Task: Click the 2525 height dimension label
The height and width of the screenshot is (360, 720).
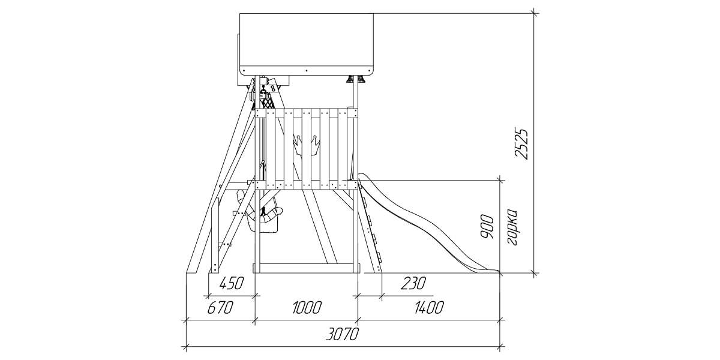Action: click(521, 145)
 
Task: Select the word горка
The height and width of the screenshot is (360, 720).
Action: click(512, 227)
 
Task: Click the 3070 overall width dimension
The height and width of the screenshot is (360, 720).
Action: click(343, 335)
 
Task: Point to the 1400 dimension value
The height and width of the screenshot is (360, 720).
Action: click(429, 308)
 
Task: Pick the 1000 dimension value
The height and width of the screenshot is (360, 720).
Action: click(307, 308)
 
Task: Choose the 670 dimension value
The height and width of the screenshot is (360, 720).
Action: click(220, 308)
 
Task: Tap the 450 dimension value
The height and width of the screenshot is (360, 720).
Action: click(232, 283)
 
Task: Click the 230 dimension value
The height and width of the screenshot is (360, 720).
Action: click(413, 283)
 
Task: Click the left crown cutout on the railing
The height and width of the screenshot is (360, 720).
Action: click(298, 145)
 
